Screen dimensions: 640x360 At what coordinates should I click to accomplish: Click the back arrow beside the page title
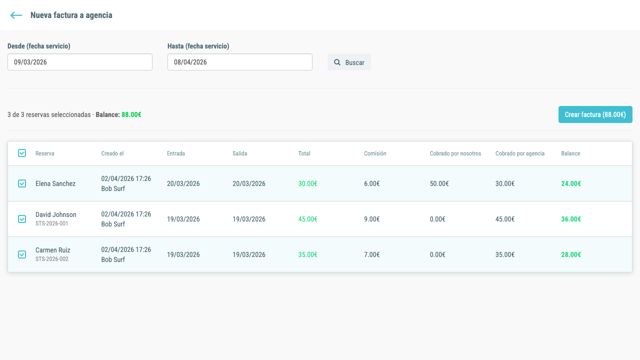(16, 15)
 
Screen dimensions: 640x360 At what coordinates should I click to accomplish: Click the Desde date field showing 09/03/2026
(80, 62)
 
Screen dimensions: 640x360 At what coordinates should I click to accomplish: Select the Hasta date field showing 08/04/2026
(240, 62)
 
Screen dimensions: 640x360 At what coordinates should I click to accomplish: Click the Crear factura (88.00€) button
(595, 114)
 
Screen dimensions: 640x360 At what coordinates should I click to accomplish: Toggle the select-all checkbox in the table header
(22, 153)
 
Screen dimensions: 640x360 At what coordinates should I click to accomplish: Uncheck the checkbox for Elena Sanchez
(22, 183)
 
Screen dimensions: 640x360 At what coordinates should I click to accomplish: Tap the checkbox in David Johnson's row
(22, 219)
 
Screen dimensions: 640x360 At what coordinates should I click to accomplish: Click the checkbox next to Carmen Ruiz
(22, 254)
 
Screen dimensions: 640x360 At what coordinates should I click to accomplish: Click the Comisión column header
(375, 153)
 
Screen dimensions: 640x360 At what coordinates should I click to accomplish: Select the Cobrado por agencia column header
(520, 153)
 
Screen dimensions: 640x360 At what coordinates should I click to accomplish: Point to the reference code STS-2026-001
(51, 223)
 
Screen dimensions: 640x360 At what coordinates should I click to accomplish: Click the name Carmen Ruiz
(53, 250)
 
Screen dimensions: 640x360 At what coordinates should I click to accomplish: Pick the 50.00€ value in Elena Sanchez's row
(439, 183)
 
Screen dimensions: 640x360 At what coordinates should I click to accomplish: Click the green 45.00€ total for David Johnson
(307, 219)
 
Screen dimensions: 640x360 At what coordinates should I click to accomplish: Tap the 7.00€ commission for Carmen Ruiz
(371, 254)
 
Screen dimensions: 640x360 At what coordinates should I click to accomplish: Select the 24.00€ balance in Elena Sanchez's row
(571, 183)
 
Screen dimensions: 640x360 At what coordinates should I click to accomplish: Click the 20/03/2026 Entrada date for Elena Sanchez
(183, 183)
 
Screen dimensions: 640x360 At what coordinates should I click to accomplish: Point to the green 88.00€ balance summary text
(131, 114)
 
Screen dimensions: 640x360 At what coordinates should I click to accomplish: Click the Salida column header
(239, 153)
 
